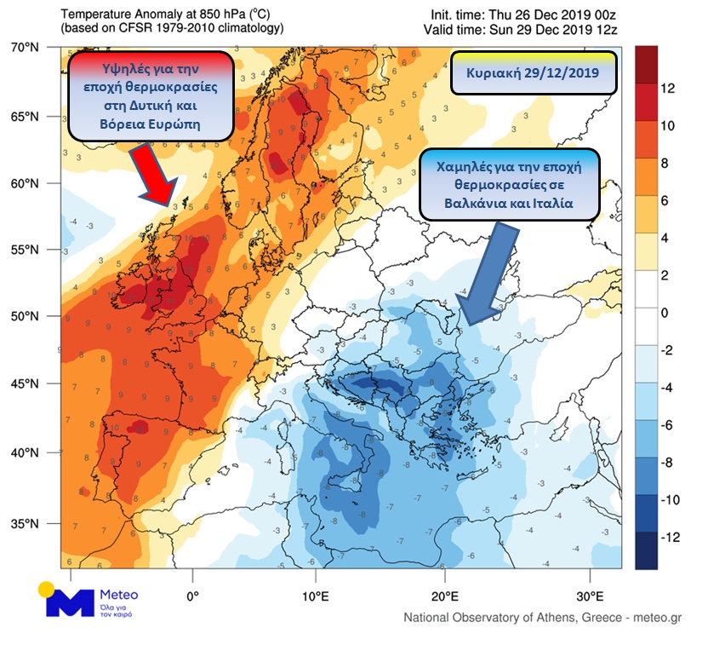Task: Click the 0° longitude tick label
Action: (192, 595)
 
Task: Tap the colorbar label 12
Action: (669, 89)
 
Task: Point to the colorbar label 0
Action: (666, 313)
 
